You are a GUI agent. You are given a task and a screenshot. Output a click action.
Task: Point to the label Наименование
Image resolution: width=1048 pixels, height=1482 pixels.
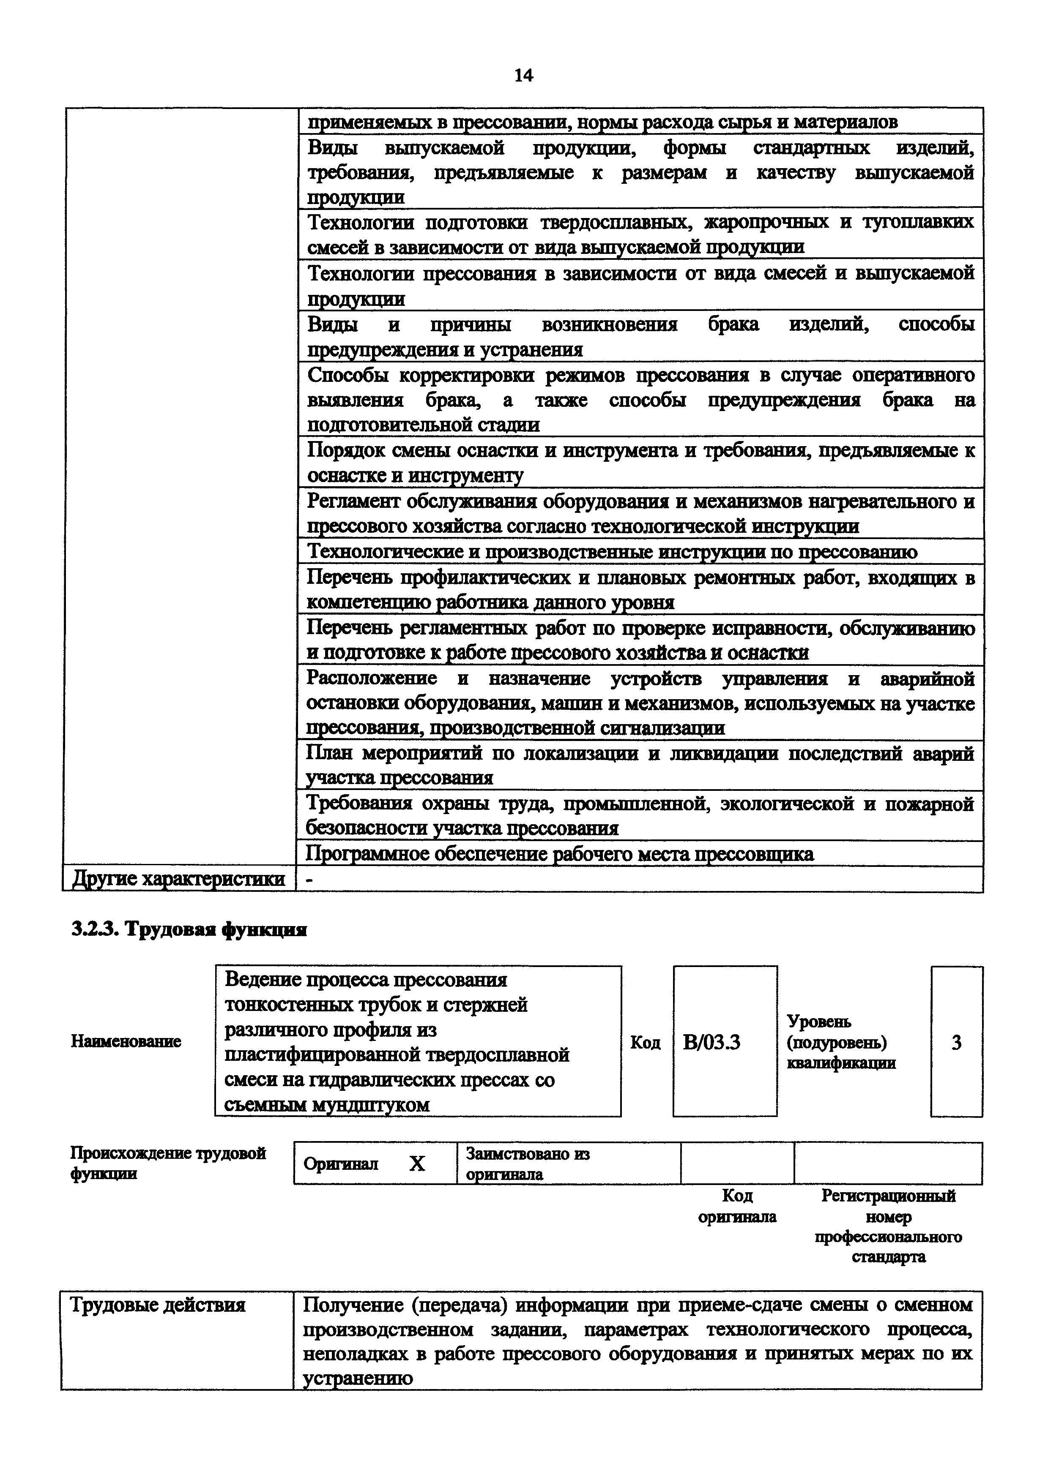tap(126, 1041)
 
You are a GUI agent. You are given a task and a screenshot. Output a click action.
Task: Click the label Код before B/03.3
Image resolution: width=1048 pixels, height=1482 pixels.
tap(645, 1043)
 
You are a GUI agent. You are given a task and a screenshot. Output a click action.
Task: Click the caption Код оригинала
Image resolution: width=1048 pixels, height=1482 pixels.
tap(737, 1207)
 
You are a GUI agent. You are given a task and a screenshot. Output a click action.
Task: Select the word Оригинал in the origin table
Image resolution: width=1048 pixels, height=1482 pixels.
tap(340, 1164)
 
